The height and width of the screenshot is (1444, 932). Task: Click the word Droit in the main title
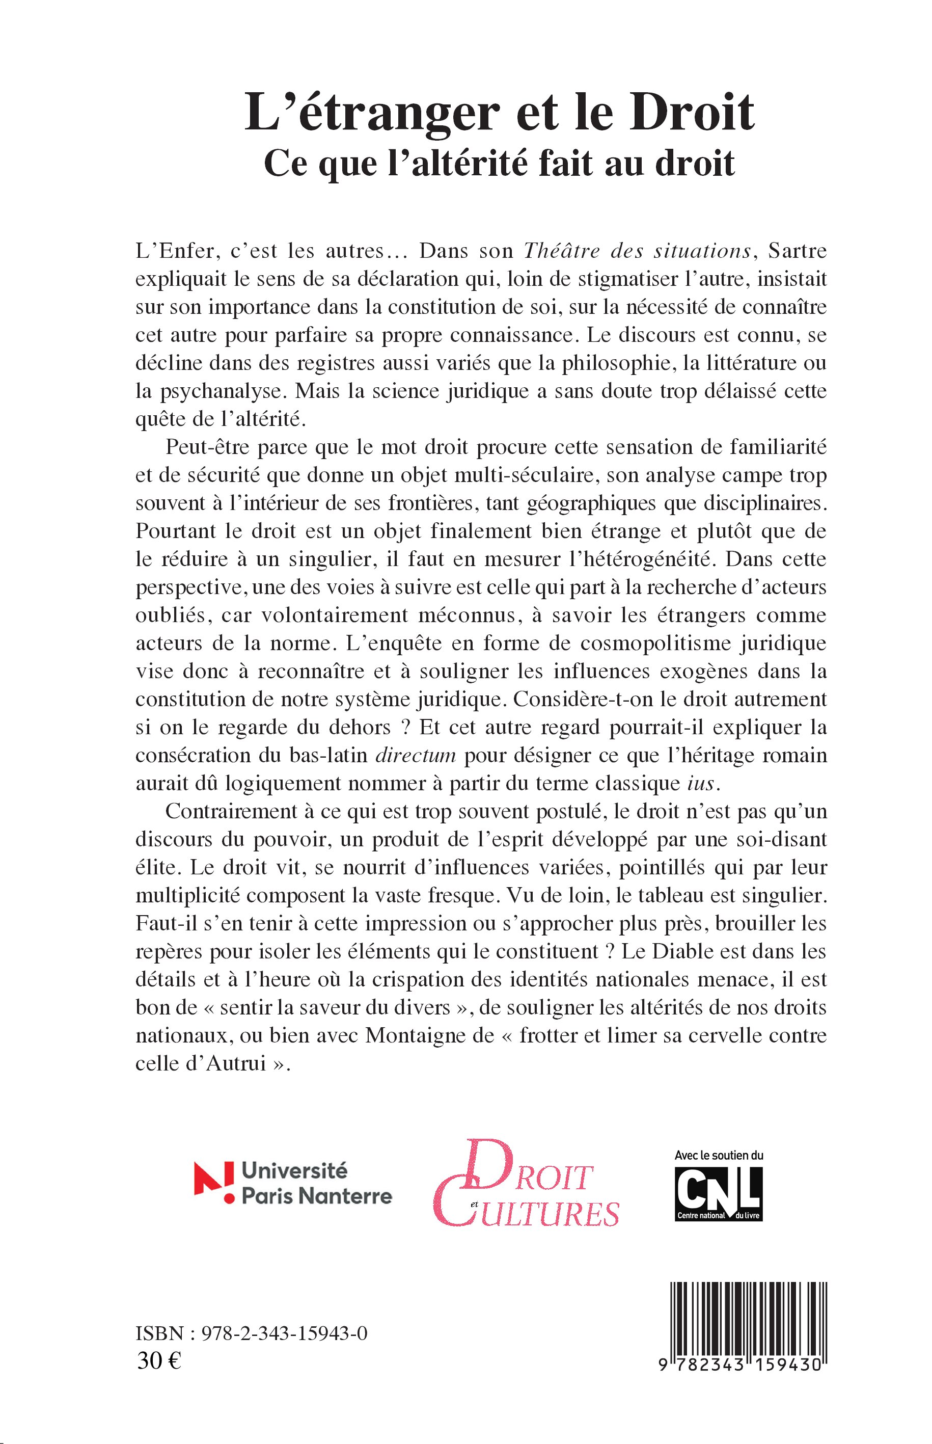(x=691, y=113)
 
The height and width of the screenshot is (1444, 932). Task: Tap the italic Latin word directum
(x=415, y=756)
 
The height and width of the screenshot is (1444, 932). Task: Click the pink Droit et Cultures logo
(x=527, y=1187)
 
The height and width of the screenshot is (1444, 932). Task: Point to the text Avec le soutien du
(x=719, y=1155)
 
